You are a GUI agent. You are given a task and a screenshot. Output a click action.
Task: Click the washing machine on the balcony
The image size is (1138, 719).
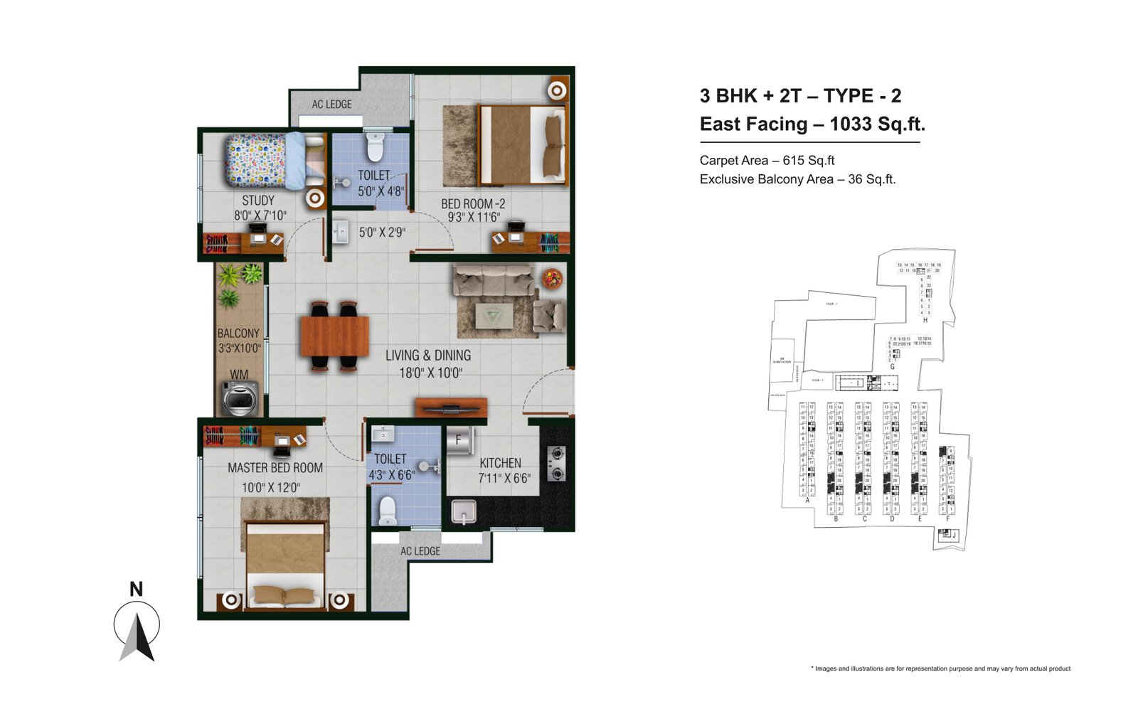pos(240,398)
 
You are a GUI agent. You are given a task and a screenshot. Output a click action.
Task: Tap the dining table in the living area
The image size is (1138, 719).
pos(334,336)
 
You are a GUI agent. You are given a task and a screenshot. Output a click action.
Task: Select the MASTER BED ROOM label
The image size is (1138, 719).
pos(275,468)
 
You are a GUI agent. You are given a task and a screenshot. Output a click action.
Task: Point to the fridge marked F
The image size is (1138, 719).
pos(459,440)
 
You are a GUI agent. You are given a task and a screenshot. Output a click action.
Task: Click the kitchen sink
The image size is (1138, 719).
pos(464,511)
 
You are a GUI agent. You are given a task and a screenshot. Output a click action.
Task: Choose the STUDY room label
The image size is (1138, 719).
pos(257,201)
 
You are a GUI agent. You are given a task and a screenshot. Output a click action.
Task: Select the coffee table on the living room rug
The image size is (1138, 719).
pos(494,313)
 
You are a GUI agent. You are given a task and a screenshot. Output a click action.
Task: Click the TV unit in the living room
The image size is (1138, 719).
pos(451,408)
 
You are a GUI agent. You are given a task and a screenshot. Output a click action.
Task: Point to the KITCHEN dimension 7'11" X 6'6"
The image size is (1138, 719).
pos(504,479)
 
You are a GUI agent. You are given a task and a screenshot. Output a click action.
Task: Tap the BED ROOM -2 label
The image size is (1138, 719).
pos(473,204)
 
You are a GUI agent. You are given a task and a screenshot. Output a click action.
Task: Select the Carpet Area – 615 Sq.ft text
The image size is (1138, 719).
pos(767,161)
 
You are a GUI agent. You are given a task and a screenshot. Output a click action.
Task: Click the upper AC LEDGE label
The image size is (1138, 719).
pos(331,105)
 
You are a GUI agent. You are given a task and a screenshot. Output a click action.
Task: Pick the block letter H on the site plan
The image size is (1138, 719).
pos(925,321)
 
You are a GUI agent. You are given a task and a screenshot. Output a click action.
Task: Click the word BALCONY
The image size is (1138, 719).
pos(238,334)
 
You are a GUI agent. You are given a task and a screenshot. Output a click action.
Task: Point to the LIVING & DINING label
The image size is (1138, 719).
pos(428,356)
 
